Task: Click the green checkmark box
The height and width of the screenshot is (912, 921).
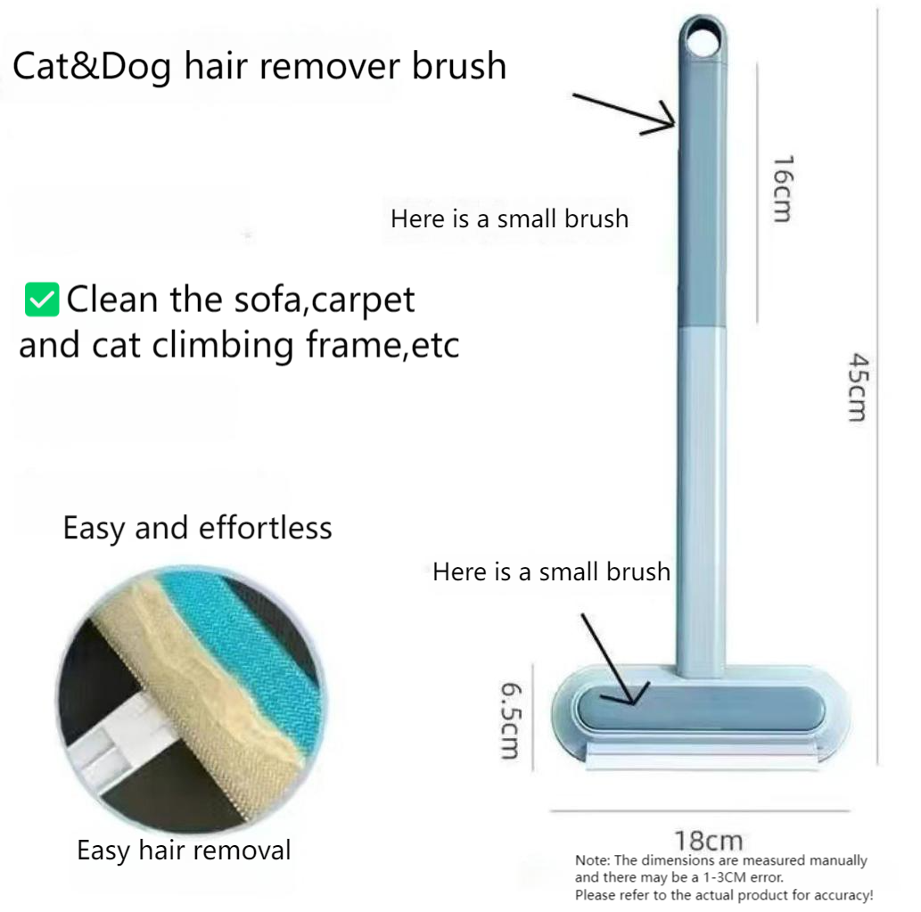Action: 42,300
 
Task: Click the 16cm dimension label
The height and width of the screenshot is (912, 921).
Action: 783,188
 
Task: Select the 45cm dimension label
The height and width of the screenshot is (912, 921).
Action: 858,387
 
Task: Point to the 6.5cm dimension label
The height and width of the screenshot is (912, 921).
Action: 510,720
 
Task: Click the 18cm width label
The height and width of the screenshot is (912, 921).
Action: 708,841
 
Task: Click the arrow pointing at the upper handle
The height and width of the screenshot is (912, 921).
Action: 624,113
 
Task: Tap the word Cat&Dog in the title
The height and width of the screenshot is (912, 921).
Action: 92,66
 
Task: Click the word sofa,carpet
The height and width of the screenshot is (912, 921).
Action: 325,300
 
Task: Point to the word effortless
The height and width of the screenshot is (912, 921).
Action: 266,528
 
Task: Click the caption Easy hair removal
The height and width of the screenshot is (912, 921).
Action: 184,850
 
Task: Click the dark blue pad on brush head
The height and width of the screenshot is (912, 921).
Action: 701,709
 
